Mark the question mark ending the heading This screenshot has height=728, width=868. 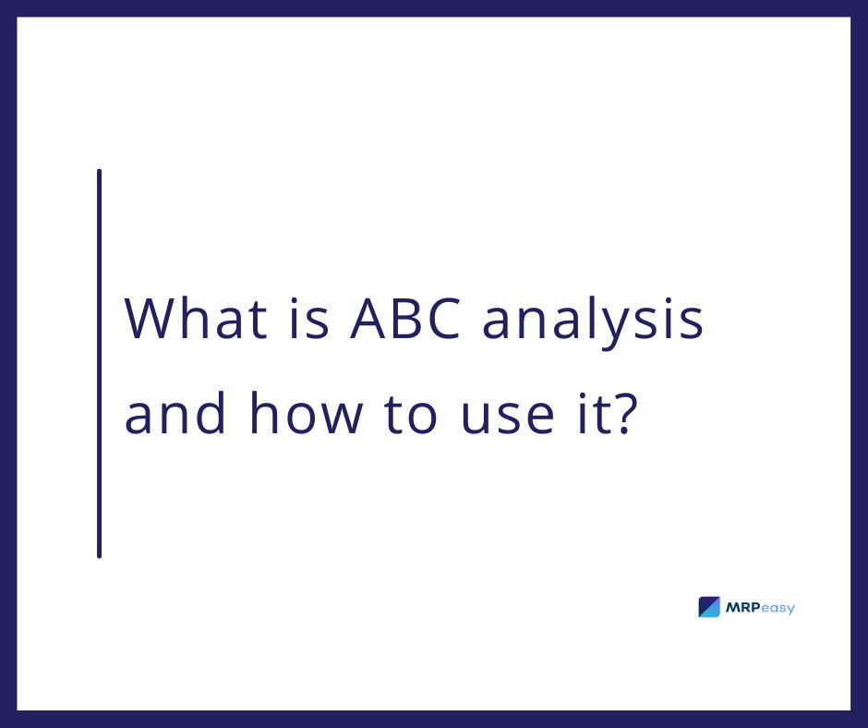click(626, 414)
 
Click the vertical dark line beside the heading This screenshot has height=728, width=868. click(99, 363)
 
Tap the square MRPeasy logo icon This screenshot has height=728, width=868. click(709, 607)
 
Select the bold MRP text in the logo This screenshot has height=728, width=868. click(744, 608)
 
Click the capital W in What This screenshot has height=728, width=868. click(150, 320)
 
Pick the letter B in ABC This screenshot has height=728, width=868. click(402, 320)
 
